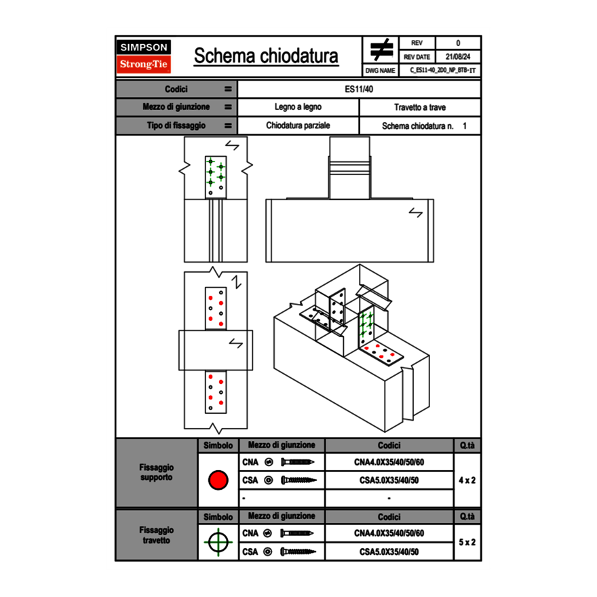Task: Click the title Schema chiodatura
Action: tap(266, 56)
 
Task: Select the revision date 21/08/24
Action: tap(458, 57)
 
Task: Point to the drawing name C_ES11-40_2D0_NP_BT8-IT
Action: tap(443, 70)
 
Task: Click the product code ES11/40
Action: tap(359, 89)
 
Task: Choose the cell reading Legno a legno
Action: tap(298, 107)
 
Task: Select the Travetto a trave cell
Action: tap(419, 107)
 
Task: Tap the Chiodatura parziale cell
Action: tap(298, 126)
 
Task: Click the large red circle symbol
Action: tap(218, 480)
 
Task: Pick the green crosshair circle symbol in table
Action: tap(218, 542)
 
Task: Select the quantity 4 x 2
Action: tap(467, 480)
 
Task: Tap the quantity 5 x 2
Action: tap(467, 543)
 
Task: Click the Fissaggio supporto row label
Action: tap(156, 472)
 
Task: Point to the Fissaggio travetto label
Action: tap(156, 535)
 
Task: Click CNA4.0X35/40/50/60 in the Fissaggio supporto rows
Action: tap(389, 462)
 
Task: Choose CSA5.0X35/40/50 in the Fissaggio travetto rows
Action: tap(389, 552)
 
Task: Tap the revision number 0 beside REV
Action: tap(458, 43)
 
